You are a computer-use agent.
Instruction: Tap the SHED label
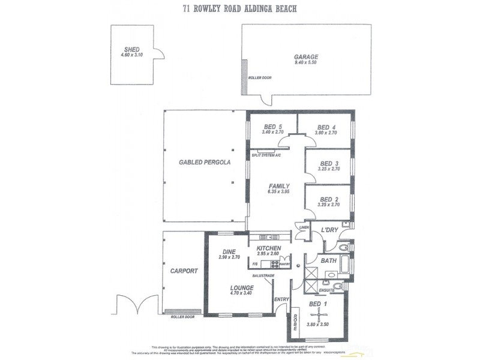[x=131, y=50]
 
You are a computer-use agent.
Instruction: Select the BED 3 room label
[x=329, y=164]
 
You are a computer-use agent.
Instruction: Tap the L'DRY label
[x=329, y=230]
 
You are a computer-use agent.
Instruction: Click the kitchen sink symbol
[x=266, y=236]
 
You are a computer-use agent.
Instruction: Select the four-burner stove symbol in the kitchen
[x=274, y=263]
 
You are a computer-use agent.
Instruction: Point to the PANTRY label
[x=284, y=264]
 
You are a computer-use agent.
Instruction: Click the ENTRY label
[x=281, y=299]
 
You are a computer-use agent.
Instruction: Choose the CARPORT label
[x=184, y=271]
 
